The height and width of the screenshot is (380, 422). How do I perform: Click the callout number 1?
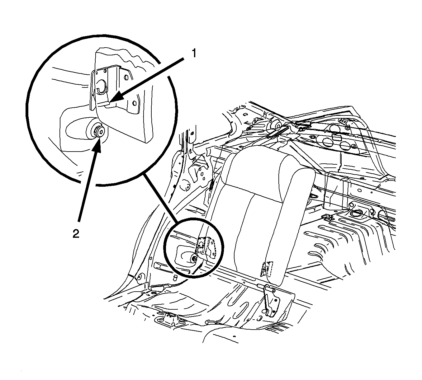click(193, 54)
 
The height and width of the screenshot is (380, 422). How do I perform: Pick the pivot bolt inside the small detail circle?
click(194, 258)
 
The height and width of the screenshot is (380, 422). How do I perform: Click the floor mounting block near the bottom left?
click(168, 319)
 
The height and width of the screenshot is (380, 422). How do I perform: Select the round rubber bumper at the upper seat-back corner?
click(275, 125)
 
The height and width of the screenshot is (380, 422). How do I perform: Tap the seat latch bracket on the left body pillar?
click(199, 168)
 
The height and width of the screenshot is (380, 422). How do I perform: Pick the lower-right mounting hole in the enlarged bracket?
click(134, 103)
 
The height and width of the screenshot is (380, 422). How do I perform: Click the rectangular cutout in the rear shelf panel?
click(337, 137)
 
